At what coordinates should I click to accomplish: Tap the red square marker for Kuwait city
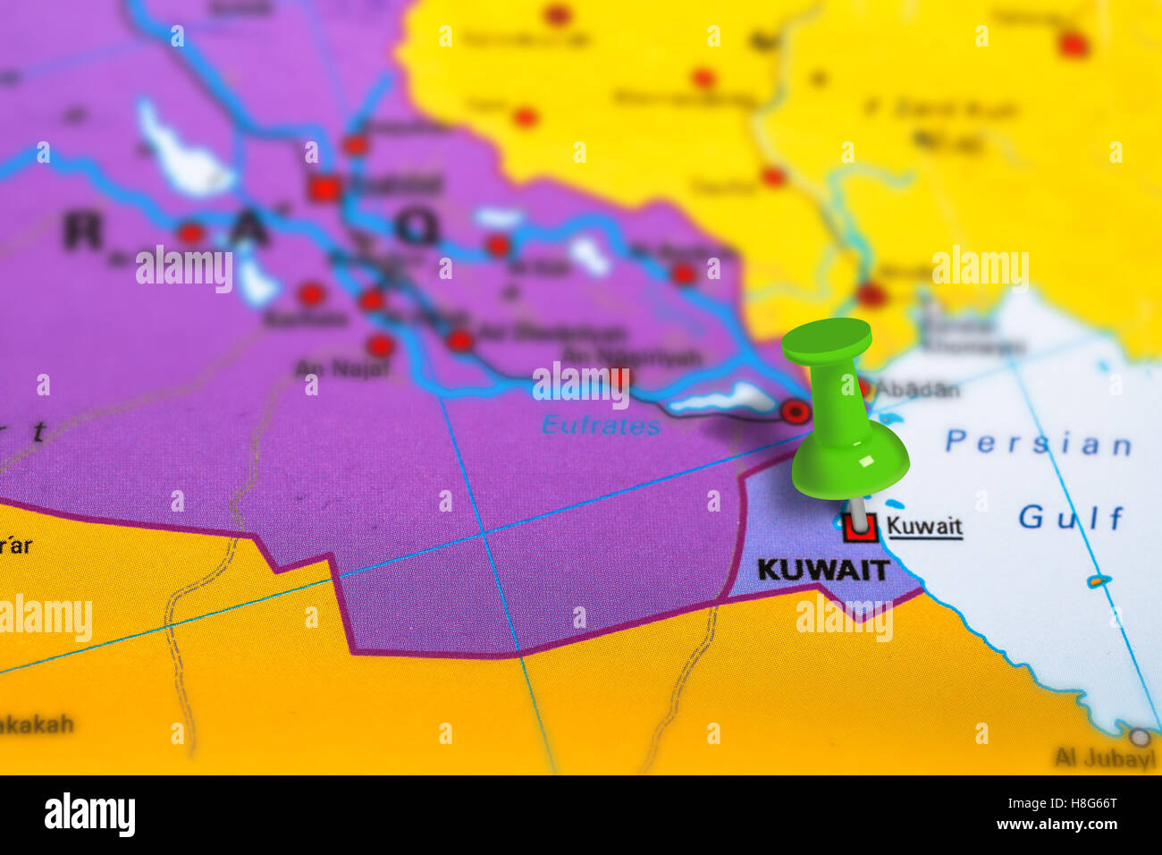point(860,528)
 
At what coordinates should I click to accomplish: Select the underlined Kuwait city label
point(924,526)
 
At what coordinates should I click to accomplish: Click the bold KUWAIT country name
point(822,570)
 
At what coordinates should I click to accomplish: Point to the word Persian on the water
point(1038,443)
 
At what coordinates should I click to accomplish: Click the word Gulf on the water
point(1071,517)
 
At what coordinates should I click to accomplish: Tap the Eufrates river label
point(601,426)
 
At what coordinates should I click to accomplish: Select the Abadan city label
point(916,390)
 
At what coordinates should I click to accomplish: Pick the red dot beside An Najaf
point(381,345)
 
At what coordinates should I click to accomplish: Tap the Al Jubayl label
point(1105,759)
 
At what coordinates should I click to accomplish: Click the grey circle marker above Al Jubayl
point(1139,738)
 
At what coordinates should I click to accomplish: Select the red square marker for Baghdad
point(324,189)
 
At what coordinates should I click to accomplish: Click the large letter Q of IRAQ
point(417,227)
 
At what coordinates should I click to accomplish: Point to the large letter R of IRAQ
point(83,232)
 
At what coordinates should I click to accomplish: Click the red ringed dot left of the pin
point(795,411)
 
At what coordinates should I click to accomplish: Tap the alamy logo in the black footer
point(89,815)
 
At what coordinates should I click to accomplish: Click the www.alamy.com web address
point(1062,825)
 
